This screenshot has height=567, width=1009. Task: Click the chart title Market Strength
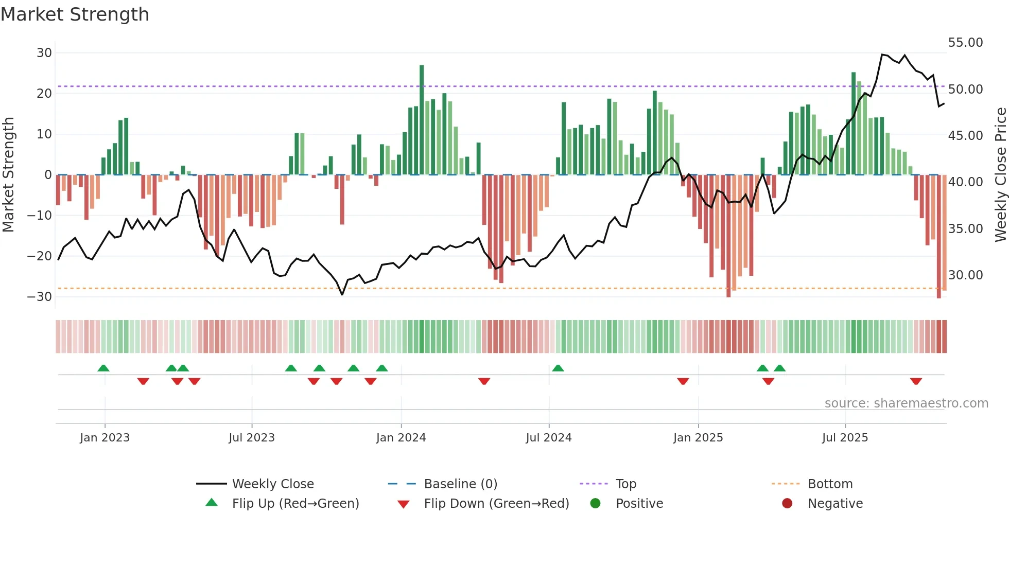click(75, 14)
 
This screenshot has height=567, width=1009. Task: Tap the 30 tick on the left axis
click(44, 53)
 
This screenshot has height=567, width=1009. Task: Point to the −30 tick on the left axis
click(40, 297)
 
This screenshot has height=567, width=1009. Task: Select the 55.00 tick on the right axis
click(965, 43)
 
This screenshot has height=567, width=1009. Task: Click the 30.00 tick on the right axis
click(965, 275)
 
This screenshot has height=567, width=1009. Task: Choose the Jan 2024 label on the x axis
click(401, 438)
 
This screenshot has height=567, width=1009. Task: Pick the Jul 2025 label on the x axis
click(845, 438)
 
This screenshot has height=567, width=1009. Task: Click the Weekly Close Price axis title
click(1000, 175)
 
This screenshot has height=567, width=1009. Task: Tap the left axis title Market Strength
click(9, 175)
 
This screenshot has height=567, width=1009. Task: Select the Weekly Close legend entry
click(272, 484)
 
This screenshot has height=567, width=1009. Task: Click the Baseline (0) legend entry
click(460, 484)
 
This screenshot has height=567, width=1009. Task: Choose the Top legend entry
click(625, 484)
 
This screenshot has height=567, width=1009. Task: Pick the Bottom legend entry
click(830, 484)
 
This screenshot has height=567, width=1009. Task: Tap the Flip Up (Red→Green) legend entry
click(295, 504)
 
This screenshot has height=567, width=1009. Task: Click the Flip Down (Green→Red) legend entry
click(496, 504)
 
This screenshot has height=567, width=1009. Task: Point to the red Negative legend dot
click(787, 504)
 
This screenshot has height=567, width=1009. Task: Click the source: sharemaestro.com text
click(906, 403)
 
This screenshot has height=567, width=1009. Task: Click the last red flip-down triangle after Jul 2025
click(916, 381)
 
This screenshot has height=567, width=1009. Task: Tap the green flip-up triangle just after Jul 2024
click(558, 368)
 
